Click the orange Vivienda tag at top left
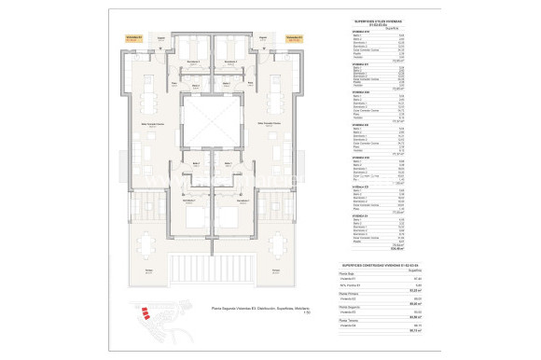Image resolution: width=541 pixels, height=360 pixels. point(133,39)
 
